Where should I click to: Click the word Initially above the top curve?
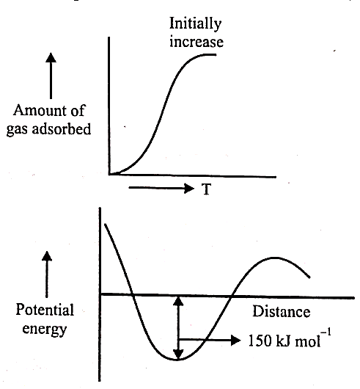[x=195, y=24]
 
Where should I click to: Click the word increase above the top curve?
[x=196, y=42]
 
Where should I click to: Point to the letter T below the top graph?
[x=207, y=189]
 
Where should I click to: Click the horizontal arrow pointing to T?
[x=161, y=188]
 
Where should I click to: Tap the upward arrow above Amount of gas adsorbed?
[x=51, y=76]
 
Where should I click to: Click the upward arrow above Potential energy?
[x=47, y=275]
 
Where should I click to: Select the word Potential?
[x=45, y=310]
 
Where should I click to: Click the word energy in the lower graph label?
[x=45, y=329]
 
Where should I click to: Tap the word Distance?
[x=282, y=312]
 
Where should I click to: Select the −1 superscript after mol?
[x=326, y=332]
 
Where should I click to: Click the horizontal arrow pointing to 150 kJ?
[x=210, y=340]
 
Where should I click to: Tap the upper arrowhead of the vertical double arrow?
[x=178, y=302]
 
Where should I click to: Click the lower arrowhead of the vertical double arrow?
[x=178, y=354]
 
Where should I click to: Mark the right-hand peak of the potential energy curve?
[x=274, y=258]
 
